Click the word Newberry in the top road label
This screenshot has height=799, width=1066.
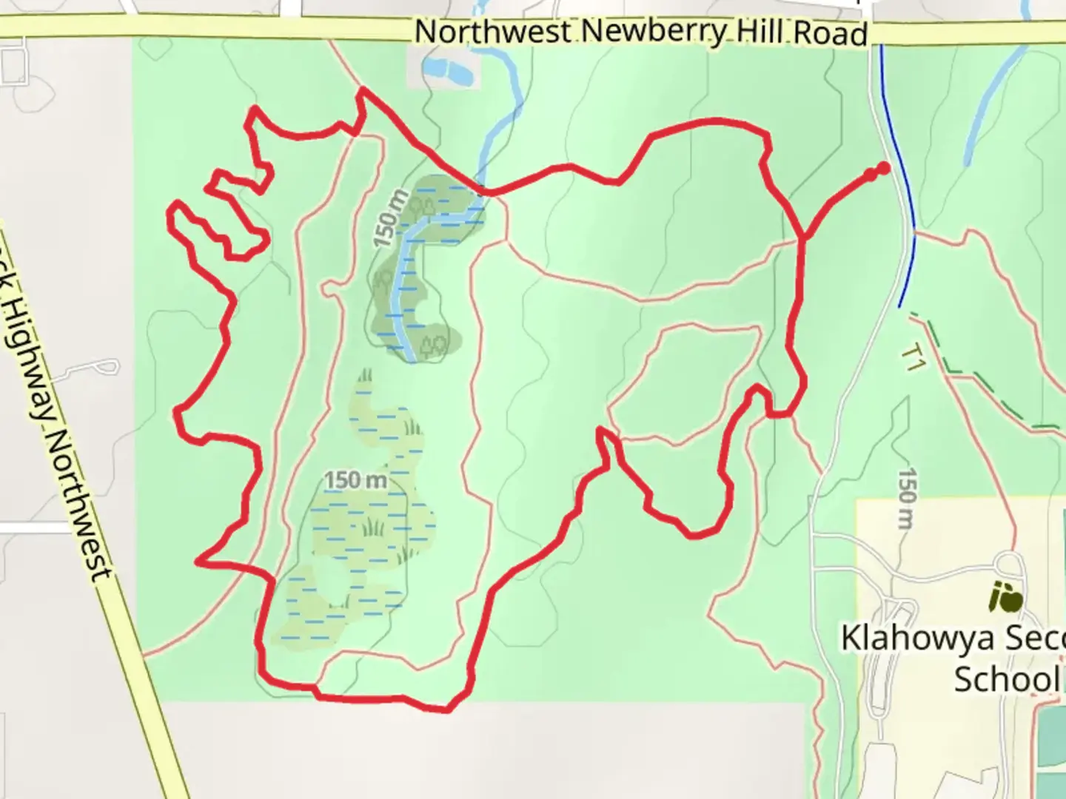652,33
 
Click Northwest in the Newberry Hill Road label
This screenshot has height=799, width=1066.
492,32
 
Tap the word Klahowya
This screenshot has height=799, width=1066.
925,638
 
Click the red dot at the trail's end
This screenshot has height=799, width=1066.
883,168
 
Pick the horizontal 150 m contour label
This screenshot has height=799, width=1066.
355,480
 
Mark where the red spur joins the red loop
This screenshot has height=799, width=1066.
804,238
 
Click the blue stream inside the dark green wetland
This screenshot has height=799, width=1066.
402,296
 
